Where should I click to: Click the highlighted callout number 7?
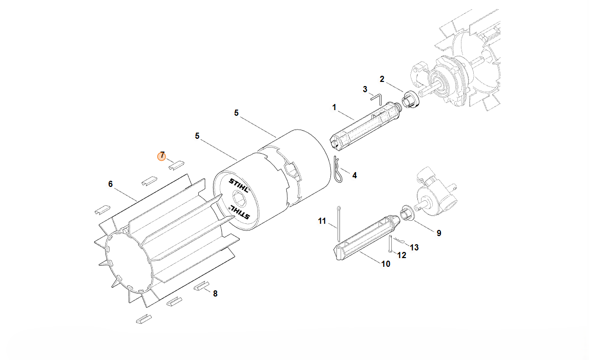coord(161,156)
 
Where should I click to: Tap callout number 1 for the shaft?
coord(334,108)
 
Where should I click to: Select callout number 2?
coord(382,79)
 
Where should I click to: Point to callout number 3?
coord(365,89)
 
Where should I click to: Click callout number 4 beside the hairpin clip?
coord(354,175)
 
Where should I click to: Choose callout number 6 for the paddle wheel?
coord(111,184)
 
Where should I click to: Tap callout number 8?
coord(215,293)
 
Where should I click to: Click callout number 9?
coord(439,233)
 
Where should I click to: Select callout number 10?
coord(386,264)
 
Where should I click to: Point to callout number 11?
coord(322,221)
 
